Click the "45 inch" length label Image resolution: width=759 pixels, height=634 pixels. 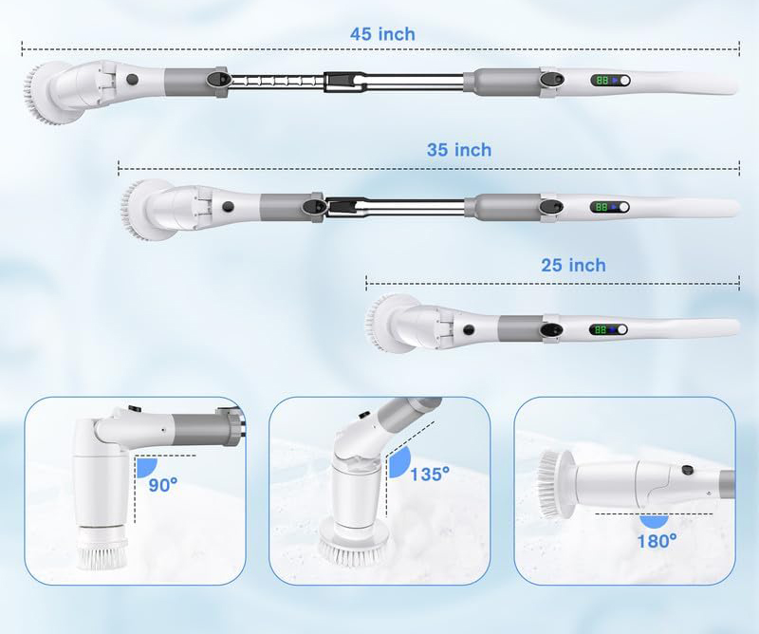pos(382,34)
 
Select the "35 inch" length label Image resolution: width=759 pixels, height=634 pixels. pos(459,150)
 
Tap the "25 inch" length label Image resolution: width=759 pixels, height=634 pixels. pos(573,265)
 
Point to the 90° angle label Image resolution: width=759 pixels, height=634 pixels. pos(163,484)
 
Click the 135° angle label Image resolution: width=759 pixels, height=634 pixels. pos(430,475)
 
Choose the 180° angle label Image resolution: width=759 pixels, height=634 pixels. pos(657,541)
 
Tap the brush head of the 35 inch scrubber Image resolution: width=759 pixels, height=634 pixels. pos(144,210)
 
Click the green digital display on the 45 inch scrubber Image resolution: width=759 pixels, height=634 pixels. pos(602,81)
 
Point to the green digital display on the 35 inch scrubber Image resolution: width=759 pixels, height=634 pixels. pos(602,207)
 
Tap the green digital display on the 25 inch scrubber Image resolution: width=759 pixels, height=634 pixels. pos(601,330)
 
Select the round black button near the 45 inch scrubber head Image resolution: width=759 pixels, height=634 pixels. pos(132,80)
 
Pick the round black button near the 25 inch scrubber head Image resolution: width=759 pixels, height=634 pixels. pos(468,330)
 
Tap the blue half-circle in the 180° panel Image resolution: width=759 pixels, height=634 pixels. pos(654,522)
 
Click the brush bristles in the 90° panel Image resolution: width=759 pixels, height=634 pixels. pos(102,552)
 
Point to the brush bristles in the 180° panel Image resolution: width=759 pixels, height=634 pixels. pos(547,483)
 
